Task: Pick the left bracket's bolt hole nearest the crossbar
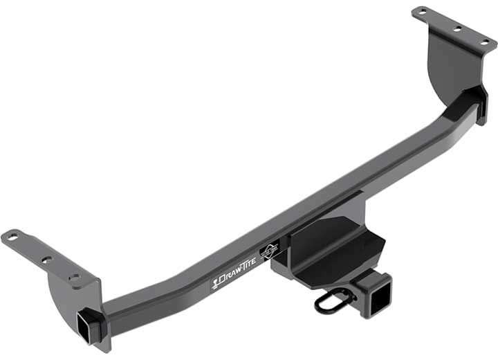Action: (x=73, y=277)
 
